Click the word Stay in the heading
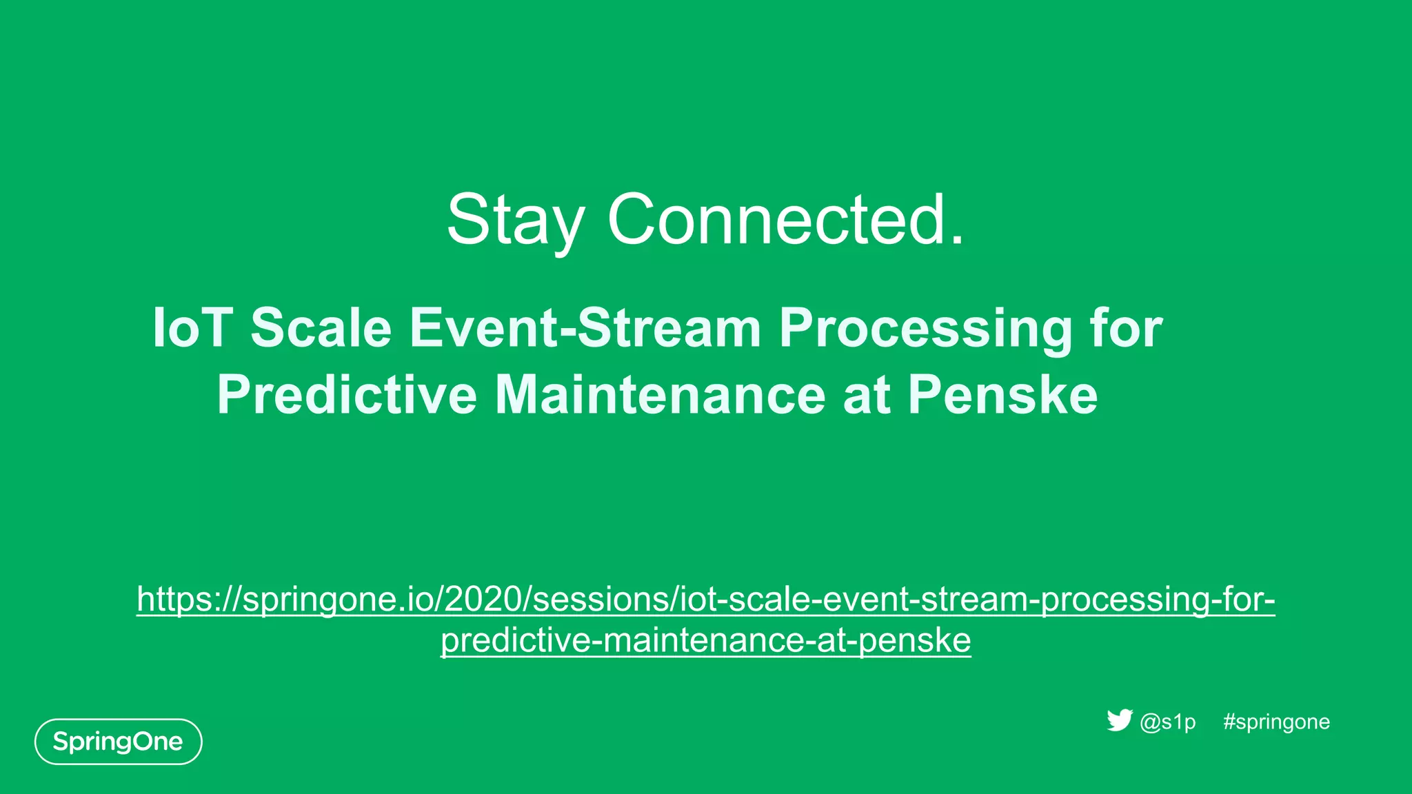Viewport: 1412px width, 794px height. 515,221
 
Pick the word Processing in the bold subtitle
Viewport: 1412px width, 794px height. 925,329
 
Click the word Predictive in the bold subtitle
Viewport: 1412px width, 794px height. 347,395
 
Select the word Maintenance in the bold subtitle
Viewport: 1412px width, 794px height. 660,395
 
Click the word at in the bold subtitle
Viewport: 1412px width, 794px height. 866,396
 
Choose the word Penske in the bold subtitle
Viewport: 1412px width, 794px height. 1002,395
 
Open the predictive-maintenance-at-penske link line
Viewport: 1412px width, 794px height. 705,640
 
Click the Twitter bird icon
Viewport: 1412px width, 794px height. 1119,720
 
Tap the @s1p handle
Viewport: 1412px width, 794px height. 1167,722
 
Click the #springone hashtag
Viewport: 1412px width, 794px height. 1276,722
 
